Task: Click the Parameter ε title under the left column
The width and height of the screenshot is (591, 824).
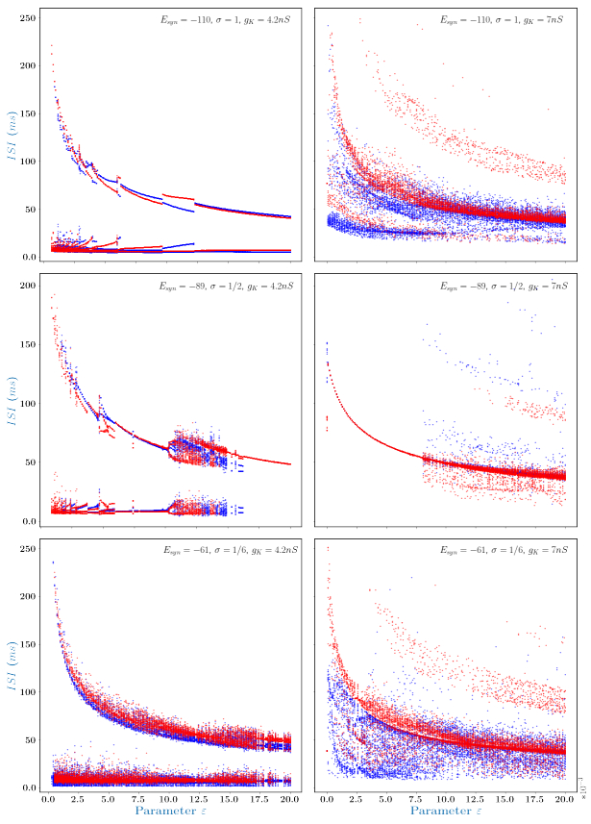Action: pyautogui.click(x=172, y=812)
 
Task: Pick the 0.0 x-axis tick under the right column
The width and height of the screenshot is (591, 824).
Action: pyautogui.click(x=328, y=799)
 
